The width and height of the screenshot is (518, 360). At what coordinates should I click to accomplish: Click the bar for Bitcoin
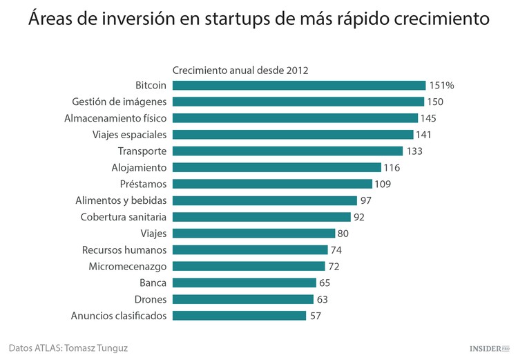[298, 85]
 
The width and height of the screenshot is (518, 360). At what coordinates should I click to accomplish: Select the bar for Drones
[243, 299]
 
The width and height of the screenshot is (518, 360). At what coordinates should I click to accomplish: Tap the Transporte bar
[287, 151]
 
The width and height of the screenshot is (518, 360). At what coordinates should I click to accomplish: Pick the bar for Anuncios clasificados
[239, 316]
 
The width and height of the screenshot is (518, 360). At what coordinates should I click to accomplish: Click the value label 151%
[442, 85]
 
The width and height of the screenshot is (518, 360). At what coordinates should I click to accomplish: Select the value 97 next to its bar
[367, 200]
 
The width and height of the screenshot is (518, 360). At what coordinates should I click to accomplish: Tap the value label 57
[316, 316]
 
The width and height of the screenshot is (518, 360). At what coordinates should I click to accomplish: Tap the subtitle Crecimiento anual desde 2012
[240, 70]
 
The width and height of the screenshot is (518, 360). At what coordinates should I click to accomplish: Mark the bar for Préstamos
[272, 184]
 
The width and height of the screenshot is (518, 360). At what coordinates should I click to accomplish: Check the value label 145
[428, 118]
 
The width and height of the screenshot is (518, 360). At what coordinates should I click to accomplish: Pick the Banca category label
[153, 283]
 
